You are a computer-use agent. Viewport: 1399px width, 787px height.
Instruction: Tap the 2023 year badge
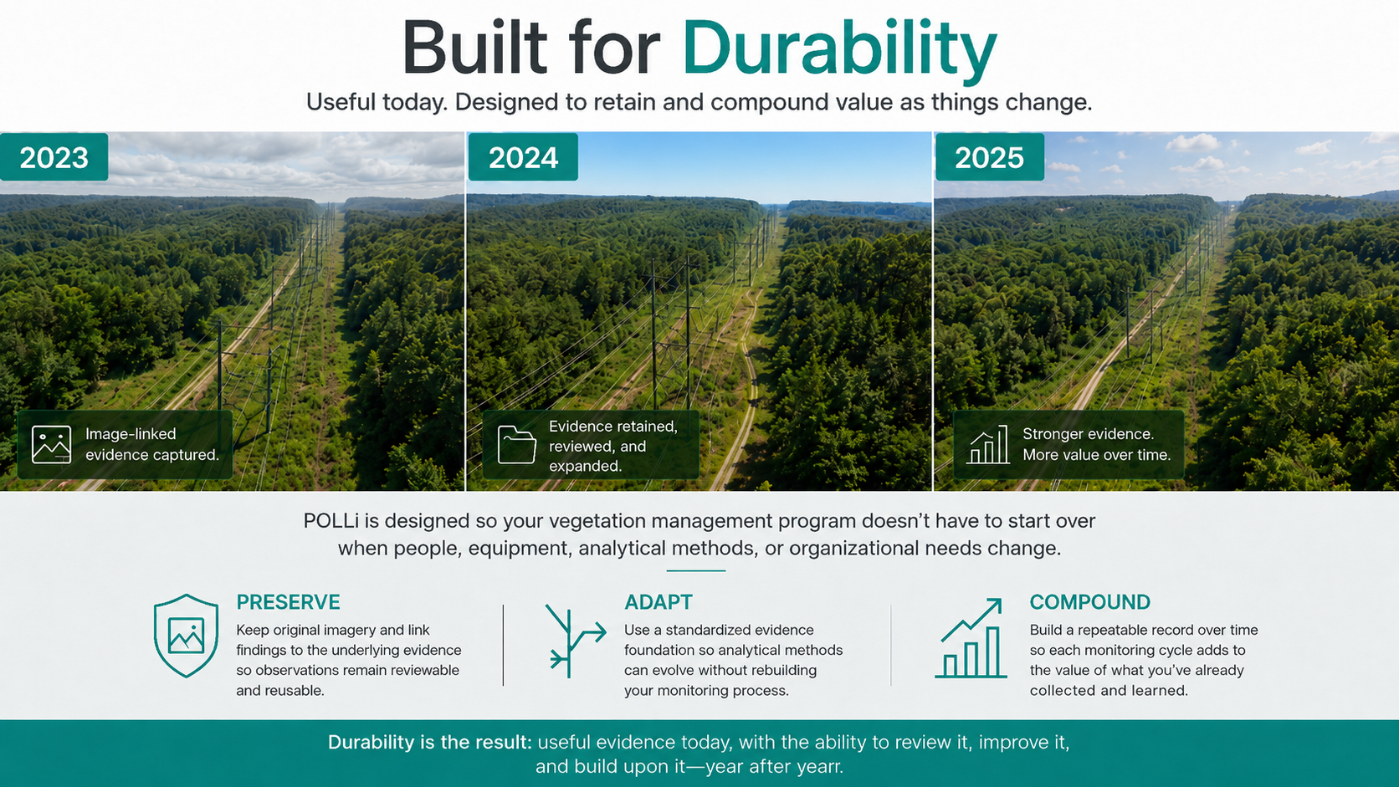click(x=54, y=156)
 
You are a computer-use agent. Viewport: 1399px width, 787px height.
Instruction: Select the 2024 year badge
click(x=523, y=156)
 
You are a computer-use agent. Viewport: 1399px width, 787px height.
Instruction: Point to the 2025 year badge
click(x=989, y=156)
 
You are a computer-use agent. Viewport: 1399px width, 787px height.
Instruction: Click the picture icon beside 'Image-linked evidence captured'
click(x=51, y=444)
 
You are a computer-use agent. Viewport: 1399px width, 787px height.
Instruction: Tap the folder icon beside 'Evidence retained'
click(x=516, y=444)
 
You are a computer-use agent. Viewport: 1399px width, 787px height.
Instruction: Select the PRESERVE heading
click(x=288, y=601)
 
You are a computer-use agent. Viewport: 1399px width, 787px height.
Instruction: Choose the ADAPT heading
click(x=659, y=601)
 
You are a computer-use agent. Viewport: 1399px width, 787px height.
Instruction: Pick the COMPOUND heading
click(x=1090, y=601)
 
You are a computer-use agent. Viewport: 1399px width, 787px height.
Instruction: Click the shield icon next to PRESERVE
click(x=186, y=636)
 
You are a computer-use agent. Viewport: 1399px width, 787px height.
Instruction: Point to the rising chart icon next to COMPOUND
click(x=971, y=638)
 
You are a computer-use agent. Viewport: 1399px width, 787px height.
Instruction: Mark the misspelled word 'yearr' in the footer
click(x=818, y=766)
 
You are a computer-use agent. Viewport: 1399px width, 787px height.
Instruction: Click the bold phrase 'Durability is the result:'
click(x=430, y=742)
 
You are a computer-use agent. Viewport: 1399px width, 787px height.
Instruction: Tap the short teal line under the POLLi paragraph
click(x=696, y=570)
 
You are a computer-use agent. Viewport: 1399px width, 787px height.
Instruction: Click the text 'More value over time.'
click(x=1097, y=454)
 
